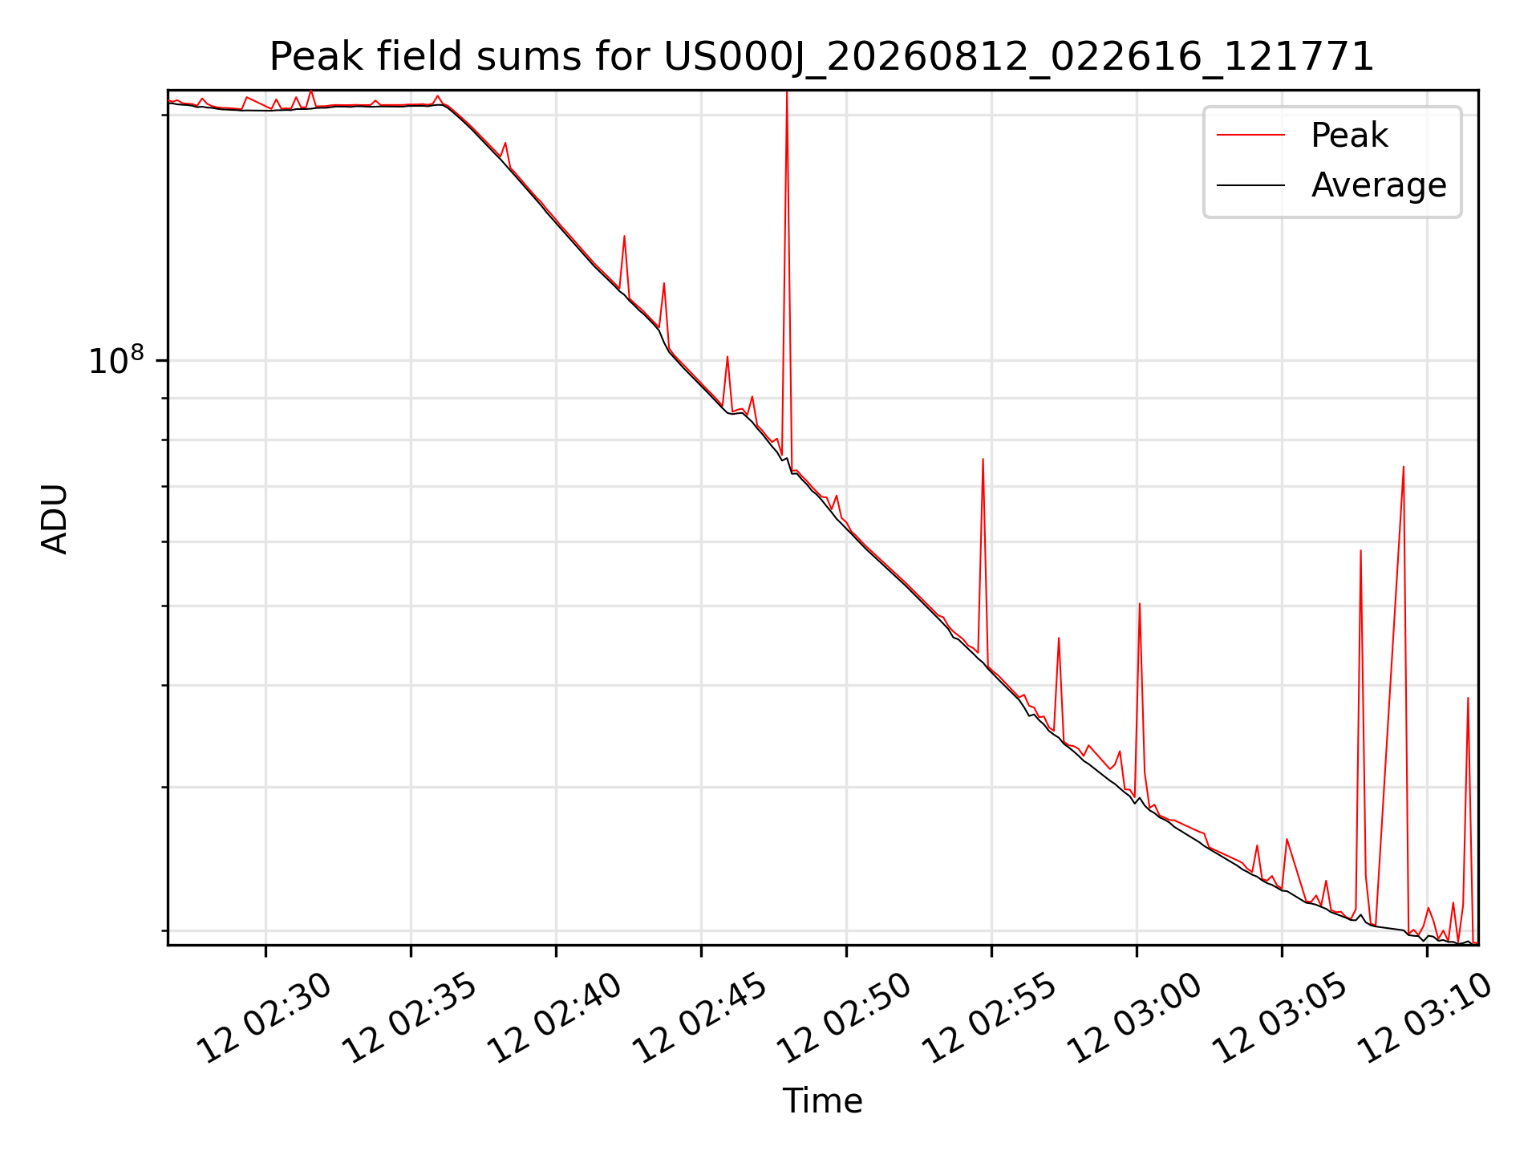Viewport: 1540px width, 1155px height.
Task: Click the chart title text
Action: [822, 57]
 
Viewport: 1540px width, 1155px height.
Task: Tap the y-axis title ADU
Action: [55, 518]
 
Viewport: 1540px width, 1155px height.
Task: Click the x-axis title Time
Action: [822, 1101]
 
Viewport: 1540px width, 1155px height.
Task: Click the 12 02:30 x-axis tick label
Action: [265, 1018]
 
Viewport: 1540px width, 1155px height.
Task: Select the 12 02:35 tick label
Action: [411, 1018]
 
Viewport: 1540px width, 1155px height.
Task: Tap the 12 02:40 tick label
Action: [556, 1018]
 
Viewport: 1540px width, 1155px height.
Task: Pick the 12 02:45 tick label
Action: [701, 1018]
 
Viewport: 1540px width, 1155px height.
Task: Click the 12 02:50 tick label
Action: [846, 1018]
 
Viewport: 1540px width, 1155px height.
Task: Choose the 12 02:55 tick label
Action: [991, 1018]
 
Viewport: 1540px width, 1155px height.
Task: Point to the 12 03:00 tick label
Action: [1137, 1018]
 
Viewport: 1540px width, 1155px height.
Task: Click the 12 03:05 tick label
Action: [1282, 1018]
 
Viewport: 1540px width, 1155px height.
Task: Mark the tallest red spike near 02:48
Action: [787, 91]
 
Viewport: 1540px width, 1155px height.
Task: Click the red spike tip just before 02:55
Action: [983, 459]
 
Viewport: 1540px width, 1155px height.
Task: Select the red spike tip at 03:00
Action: [1140, 603]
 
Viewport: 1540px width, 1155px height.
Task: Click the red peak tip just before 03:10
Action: [1404, 466]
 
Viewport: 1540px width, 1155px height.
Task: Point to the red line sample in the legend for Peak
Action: [1250, 136]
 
